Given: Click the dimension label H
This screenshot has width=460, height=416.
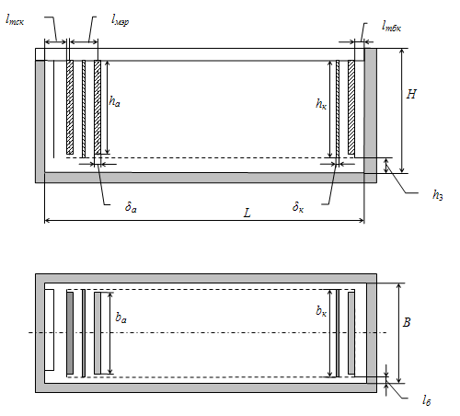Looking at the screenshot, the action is click(x=411, y=94).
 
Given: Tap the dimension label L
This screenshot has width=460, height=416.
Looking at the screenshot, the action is click(x=247, y=213).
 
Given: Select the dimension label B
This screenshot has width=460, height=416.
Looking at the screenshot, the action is click(x=407, y=322).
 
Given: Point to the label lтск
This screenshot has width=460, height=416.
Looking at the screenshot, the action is click(x=15, y=20).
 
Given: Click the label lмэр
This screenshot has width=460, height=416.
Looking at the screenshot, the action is click(x=120, y=20).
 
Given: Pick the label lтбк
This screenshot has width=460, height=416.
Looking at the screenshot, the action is click(x=391, y=27).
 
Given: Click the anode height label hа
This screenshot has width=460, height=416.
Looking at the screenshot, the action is click(x=114, y=101).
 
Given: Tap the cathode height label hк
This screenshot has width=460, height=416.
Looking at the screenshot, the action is click(x=321, y=104).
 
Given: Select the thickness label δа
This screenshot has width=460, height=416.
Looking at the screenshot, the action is click(x=131, y=207).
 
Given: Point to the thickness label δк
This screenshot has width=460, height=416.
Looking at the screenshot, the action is click(x=298, y=207).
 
